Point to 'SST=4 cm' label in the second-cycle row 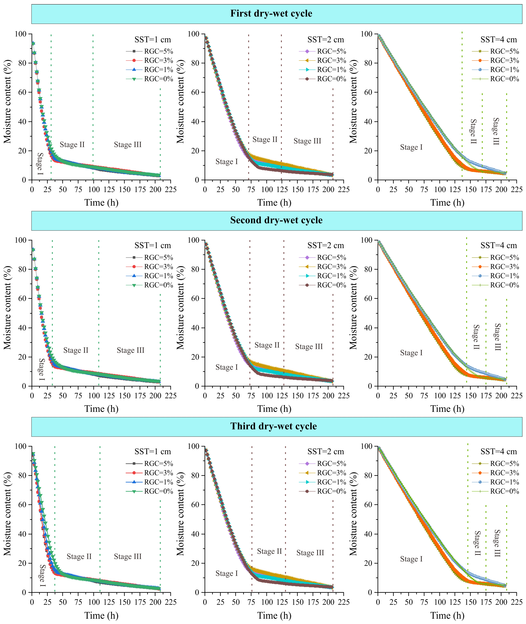point(499,246)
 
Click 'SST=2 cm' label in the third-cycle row point(326,451)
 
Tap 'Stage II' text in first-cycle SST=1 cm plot point(72,145)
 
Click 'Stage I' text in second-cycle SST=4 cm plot point(411,353)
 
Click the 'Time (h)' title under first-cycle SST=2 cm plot point(274,203)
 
